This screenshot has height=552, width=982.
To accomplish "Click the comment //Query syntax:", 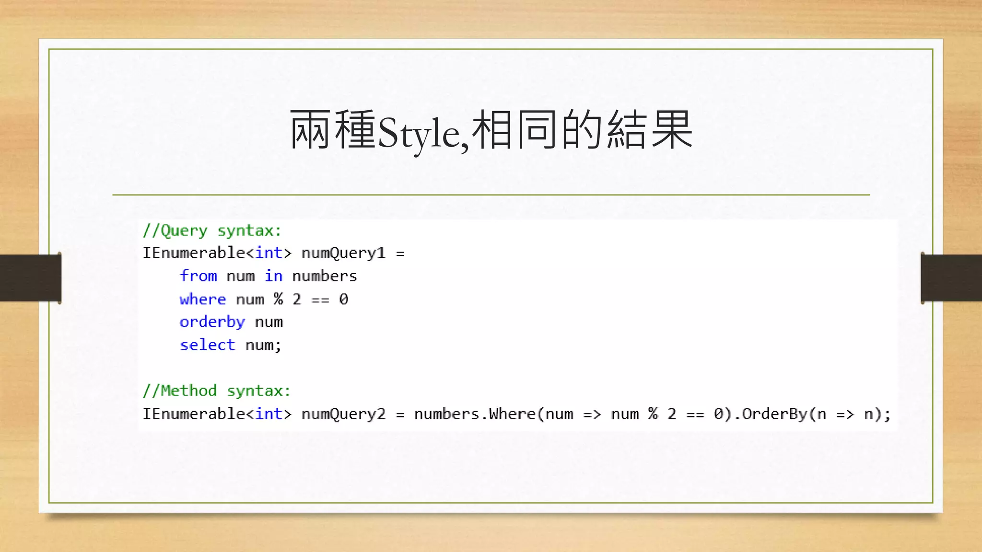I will click(212, 231).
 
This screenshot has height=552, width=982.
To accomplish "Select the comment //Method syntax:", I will click(217, 391).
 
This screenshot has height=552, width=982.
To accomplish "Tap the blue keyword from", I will click(199, 276).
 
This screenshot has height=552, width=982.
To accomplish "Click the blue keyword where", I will click(203, 299).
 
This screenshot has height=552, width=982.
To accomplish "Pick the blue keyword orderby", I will click(212, 322).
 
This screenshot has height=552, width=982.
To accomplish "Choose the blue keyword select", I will click(208, 345).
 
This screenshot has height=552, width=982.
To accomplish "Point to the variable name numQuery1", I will click(343, 253).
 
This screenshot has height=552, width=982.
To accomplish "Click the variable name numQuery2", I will click(343, 414).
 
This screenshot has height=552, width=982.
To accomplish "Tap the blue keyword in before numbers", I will click(273, 276).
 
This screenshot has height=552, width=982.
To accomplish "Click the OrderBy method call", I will click(774, 414).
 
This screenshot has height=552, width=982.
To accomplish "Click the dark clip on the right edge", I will click(951, 278).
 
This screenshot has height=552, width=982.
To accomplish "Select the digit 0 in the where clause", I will click(343, 299).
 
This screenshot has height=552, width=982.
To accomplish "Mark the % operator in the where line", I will click(278, 299).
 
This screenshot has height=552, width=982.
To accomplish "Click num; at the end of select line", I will click(263, 345).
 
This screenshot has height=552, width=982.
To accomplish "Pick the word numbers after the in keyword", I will click(325, 276).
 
